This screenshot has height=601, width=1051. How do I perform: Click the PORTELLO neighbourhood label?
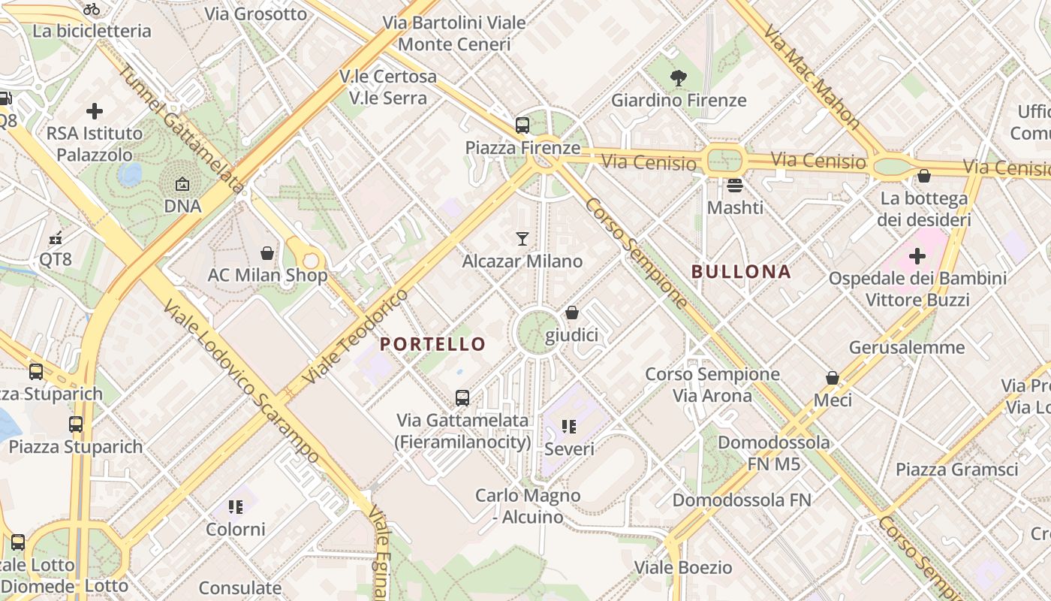[432, 344]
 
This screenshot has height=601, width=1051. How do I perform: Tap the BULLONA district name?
[741, 272]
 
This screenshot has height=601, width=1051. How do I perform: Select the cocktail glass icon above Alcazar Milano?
[522, 239]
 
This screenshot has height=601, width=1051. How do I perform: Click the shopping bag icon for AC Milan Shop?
[267, 253]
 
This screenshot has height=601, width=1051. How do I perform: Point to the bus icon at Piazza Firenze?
[522, 125]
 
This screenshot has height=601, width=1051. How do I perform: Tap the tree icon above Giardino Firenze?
[678, 77]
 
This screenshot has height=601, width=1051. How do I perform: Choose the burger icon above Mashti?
[734, 185]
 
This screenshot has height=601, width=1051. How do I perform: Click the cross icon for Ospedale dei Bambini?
[917, 256]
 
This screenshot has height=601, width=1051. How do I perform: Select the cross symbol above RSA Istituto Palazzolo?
[95, 111]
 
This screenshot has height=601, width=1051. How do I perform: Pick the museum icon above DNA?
[182, 184]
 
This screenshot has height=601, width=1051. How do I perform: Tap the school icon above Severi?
[569, 427]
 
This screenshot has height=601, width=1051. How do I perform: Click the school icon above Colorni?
[236, 507]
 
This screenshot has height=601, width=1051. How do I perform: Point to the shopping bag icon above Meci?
[833, 378]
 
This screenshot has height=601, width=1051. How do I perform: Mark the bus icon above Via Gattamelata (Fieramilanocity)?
[462, 397]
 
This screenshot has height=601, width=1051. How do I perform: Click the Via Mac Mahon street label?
[812, 76]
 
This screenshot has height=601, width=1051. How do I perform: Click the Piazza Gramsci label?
[956, 470]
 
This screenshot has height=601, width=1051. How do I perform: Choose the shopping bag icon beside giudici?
[572, 313]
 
